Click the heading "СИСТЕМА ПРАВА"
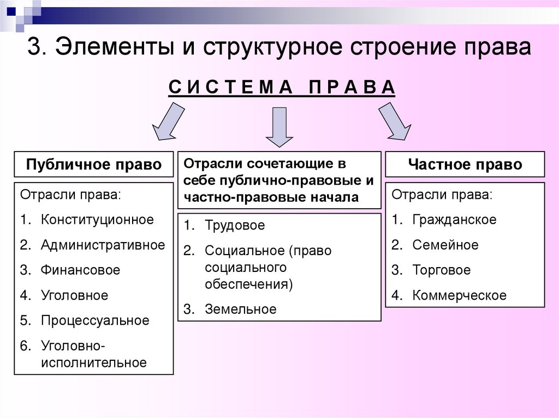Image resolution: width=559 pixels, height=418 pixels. (x=281, y=87)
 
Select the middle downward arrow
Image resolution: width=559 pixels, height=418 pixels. (x=279, y=126)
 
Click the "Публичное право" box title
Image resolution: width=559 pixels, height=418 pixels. (x=94, y=165)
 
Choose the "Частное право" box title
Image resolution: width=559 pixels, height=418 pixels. (x=465, y=165)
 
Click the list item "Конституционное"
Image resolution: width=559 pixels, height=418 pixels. (x=97, y=220)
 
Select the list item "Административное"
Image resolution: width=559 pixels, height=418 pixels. (x=103, y=245)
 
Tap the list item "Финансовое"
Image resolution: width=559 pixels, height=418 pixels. (x=80, y=270)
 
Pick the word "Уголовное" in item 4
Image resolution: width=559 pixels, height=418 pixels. (x=74, y=295)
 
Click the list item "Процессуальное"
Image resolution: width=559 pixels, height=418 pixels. (x=94, y=320)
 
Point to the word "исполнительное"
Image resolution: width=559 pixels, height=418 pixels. (x=93, y=362)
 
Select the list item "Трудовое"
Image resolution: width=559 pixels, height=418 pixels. (x=235, y=225)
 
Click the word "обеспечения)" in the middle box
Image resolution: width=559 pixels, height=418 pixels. (x=249, y=284)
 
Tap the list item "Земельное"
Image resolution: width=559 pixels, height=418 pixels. (x=241, y=310)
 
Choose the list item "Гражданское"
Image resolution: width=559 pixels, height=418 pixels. (x=454, y=220)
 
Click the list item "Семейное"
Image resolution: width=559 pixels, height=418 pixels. (x=445, y=245)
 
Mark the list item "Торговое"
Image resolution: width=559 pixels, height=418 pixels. (x=441, y=270)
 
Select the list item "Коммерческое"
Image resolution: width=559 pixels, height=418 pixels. (x=459, y=295)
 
